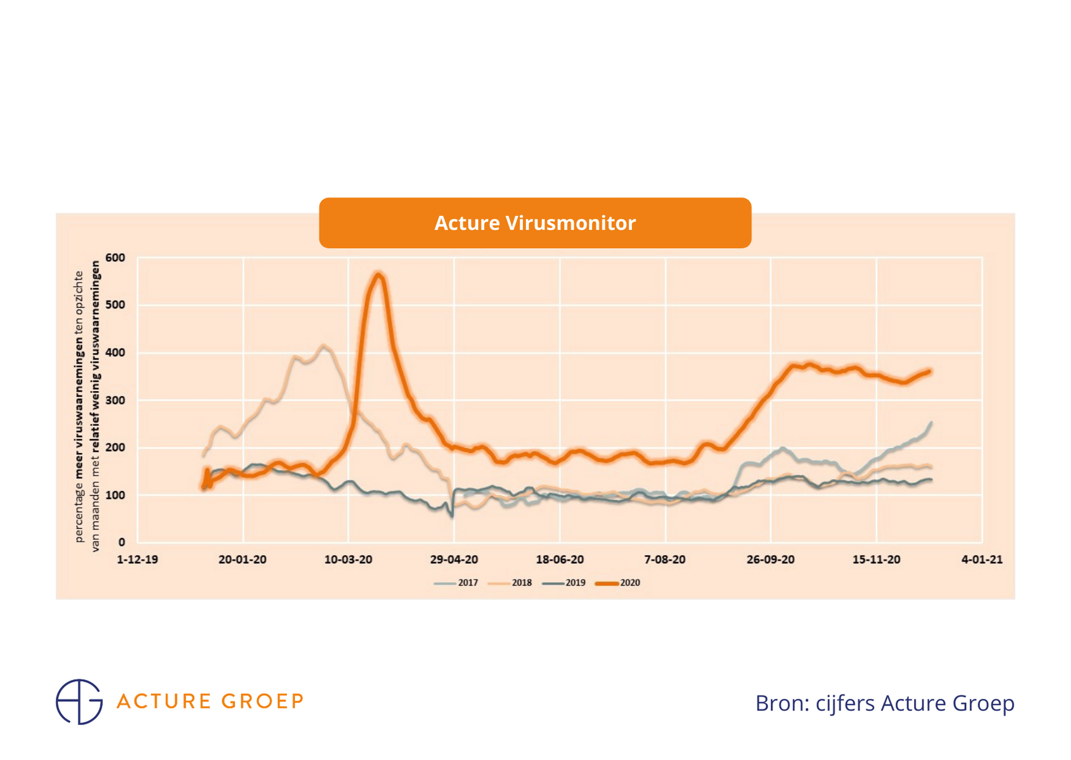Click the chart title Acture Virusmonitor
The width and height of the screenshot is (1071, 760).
(x=535, y=223)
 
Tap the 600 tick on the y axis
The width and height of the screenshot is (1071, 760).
(x=115, y=258)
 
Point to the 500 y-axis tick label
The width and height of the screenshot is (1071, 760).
(x=115, y=305)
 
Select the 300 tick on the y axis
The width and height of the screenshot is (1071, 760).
(x=115, y=400)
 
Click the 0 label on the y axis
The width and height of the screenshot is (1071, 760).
(x=121, y=542)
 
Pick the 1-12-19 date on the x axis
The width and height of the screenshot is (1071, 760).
(x=137, y=560)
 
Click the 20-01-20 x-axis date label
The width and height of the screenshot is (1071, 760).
(x=243, y=560)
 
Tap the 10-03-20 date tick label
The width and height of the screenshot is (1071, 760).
(x=348, y=560)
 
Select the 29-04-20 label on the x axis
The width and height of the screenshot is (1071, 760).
(x=454, y=560)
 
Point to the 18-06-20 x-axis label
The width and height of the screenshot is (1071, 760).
(x=560, y=560)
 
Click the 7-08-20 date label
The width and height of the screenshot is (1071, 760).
(x=665, y=560)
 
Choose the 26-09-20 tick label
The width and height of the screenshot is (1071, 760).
(x=771, y=560)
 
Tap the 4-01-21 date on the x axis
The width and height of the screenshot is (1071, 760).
(x=982, y=560)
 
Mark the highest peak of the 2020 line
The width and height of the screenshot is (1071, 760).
(x=379, y=275)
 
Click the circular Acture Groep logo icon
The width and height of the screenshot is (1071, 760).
(x=79, y=702)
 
